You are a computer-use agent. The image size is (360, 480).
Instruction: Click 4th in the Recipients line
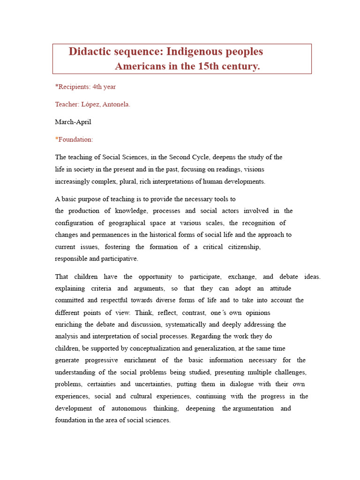click(x=98, y=87)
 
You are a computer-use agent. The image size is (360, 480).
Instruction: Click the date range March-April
click(x=73, y=122)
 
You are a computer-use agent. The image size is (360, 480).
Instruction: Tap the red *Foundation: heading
click(x=74, y=139)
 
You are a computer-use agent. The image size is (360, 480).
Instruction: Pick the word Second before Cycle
click(x=180, y=157)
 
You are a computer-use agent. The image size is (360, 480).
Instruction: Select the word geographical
click(x=135, y=223)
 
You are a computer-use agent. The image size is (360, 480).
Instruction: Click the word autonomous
click(x=128, y=408)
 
